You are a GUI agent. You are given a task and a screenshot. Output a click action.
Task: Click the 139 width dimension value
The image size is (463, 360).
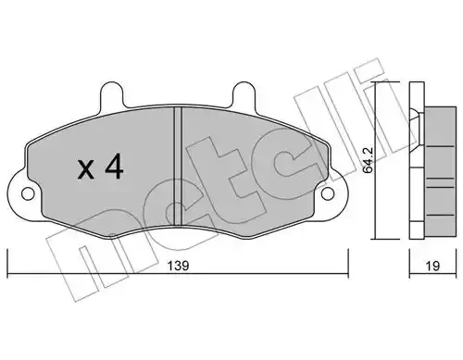(178, 266)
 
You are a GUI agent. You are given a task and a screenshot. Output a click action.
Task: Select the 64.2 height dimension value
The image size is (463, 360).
(368, 164)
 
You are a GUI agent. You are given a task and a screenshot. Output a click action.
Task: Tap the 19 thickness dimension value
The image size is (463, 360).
(432, 266)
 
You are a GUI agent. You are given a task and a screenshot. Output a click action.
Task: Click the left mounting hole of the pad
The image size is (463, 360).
(28, 194)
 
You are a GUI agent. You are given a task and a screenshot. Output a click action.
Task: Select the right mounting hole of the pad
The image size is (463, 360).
(328, 194)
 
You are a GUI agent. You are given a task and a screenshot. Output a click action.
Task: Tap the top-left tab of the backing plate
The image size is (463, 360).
(112, 93)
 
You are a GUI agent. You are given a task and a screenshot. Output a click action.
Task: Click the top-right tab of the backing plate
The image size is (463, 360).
(243, 93)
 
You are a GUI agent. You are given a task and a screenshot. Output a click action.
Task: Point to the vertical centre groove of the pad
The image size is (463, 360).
(178, 167)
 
